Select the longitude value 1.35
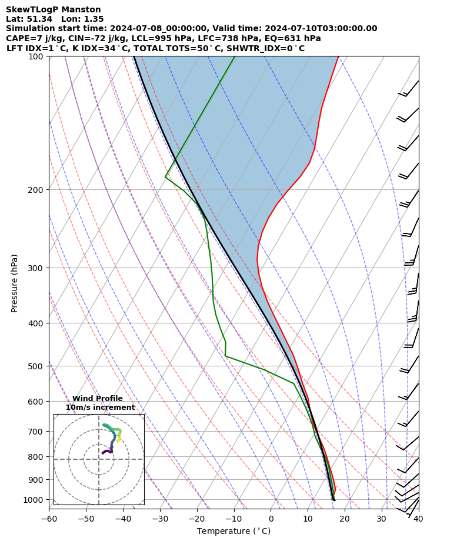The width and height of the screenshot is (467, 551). click(x=94, y=19)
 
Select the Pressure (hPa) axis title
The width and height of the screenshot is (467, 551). click(x=15, y=283)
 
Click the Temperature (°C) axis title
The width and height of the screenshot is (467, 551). click(x=233, y=531)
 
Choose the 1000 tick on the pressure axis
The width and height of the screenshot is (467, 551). click(x=34, y=499)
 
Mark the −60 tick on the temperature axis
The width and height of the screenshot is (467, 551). click(x=49, y=519)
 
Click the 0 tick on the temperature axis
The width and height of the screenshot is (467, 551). click(x=271, y=519)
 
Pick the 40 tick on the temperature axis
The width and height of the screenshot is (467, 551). click(x=418, y=519)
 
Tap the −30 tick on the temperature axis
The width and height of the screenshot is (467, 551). click(x=159, y=519)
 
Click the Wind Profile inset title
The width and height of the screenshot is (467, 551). click(x=98, y=399)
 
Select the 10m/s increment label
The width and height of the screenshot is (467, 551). click(x=100, y=408)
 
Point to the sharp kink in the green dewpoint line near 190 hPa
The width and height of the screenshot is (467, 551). click(x=165, y=177)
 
